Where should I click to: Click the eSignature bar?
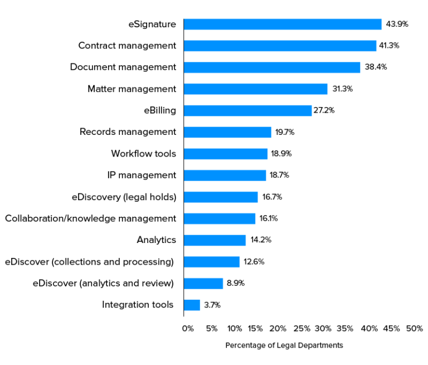pyautogui.click(x=282, y=24)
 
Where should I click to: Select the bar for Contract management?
pyautogui.click(x=280, y=46)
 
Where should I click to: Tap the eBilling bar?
pyautogui.click(x=247, y=110)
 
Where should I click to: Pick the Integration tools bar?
pyautogui.click(x=192, y=305)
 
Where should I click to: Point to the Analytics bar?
pyautogui.click(x=215, y=240)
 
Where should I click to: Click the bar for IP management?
pyautogui.click(x=225, y=175)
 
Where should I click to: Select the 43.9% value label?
pyautogui.click(x=397, y=24)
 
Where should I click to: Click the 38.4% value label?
pyautogui.click(x=376, y=67)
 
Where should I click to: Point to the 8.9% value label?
pyautogui.click(x=236, y=283)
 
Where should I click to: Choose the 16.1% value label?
pyautogui.click(x=269, y=218)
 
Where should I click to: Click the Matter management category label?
pyautogui.click(x=132, y=89)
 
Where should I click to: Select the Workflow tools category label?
pyautogui.click(x=143, y=153)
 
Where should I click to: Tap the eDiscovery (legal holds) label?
pyautogui.click(x=124, y=197)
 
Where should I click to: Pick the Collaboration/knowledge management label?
pyautogui.click(x=90, y=218)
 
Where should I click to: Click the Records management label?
pyautogui.click(x=128, y=132)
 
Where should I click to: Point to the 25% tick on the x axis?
pyautogui.click(x=301, y=328)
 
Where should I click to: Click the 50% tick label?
pyautogui.click(x=415, y=328)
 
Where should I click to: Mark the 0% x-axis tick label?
pyautogui.click(x=188, y=328)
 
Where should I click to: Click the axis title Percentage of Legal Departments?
pyautogui.click(x=284, y=345)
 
